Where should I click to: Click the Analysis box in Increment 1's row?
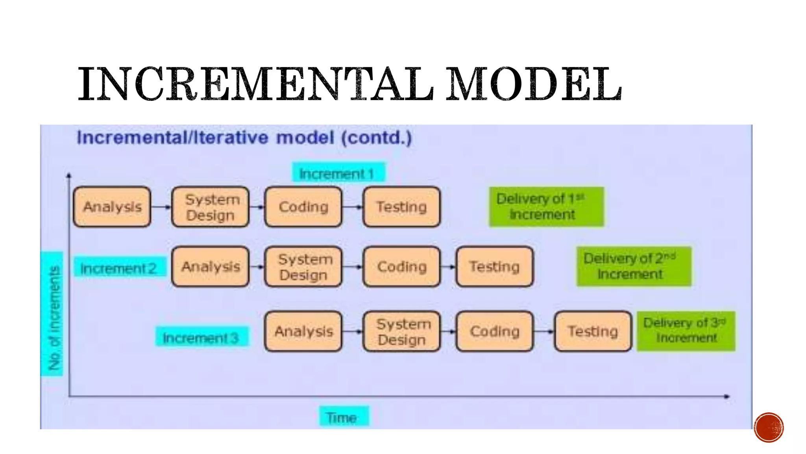point(112,207)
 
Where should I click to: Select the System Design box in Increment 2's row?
point(303,267)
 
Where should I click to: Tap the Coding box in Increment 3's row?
point(495,331)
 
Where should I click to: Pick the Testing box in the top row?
point(401,207)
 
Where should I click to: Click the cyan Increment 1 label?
point(338,173)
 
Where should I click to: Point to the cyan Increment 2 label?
point(119,268)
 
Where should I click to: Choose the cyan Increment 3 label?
point(201,337)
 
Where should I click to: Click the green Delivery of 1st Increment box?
point(546,207)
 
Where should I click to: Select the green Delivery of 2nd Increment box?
point(633,266)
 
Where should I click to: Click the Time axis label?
point(343,417)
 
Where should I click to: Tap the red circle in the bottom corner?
point(769,427)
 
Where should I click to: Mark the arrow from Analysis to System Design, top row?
point(161,207)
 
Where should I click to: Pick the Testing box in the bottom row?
point(593,331)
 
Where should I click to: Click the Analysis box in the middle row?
point(211,267)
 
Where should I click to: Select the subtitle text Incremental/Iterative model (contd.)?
point(244,138)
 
